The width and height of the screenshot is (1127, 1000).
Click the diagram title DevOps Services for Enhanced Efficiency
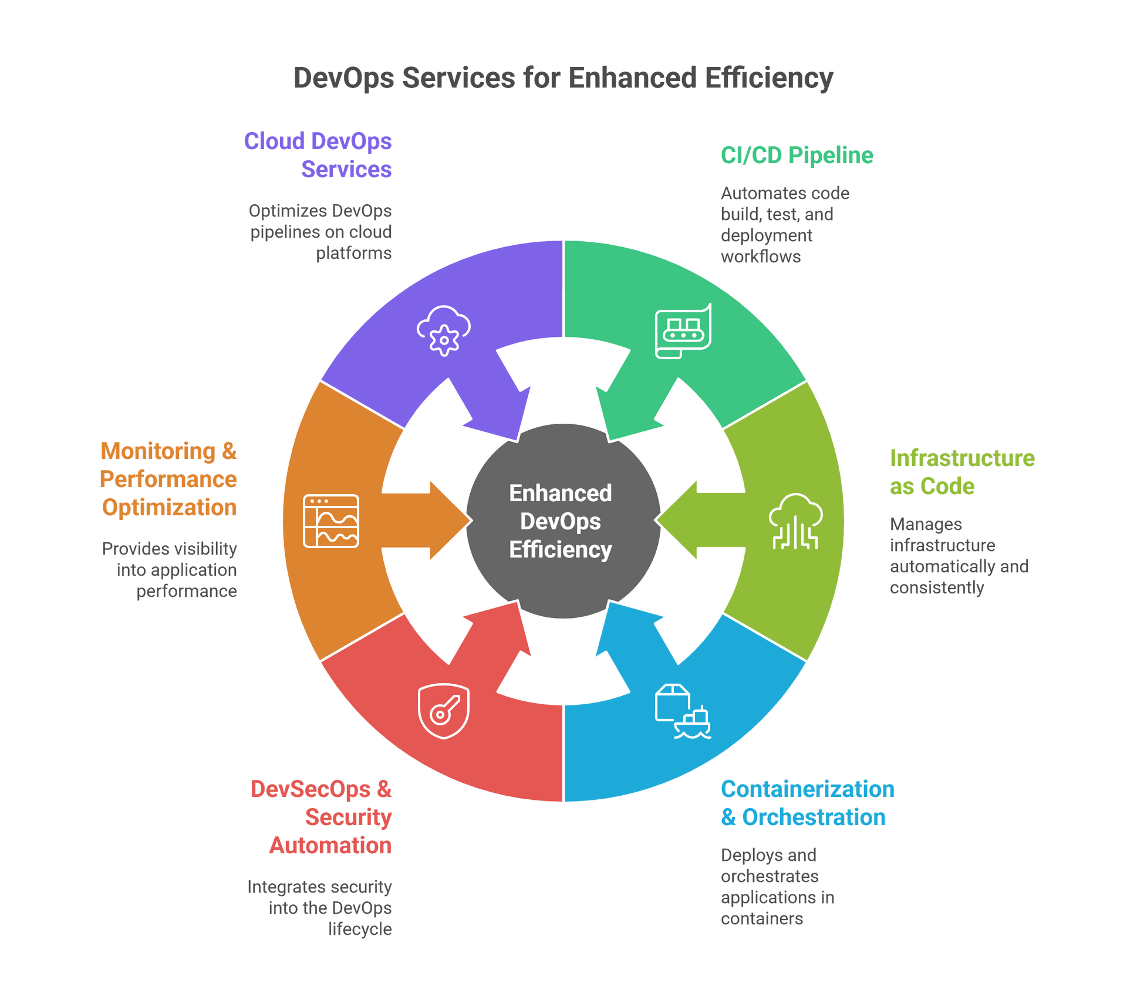pos(563,78)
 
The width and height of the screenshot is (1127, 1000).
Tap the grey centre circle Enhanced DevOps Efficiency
pos(562,522)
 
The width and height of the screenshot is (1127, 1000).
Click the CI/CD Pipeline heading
pos(797,156)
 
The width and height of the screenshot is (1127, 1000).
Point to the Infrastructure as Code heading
pos(961,472)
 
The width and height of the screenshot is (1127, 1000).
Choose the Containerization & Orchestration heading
pos(807,803)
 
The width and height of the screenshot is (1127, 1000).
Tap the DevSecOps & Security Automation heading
pos(322,817)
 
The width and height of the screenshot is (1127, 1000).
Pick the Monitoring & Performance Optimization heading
pos(169,479)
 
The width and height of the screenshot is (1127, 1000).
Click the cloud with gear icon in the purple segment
pos(444,330)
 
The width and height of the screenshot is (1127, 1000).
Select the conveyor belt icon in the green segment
pos(683,332)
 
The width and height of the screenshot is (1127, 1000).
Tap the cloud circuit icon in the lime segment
pos(795,521)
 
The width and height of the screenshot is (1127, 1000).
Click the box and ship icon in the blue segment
pos(683,711)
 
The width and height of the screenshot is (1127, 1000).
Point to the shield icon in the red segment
pos(444,711)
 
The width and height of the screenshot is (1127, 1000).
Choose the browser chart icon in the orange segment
pos(331,521)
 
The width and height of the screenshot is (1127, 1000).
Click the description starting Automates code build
pos(784,225)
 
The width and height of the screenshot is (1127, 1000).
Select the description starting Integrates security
pos(320,907)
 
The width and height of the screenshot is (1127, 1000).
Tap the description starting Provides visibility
pos(170,570)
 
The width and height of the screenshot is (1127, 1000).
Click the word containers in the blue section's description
pos(761,919)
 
